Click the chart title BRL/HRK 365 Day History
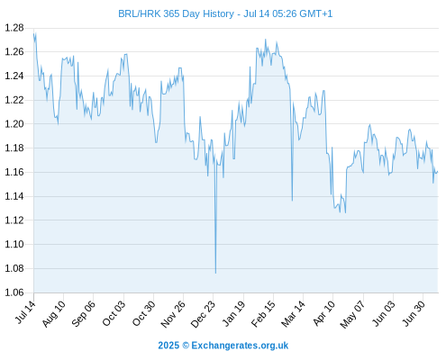point(176,13)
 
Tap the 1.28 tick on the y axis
point(14,28)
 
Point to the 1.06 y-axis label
point(14,292)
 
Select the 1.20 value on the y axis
point(14,124)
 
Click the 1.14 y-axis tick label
point(14,196)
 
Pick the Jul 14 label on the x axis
point(26,312)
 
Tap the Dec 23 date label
point(204,314)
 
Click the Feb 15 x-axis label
point(263,314)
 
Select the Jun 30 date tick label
point(414,313)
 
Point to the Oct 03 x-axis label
point(114,313)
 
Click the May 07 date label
point(353,314)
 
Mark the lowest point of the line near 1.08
point(215,274)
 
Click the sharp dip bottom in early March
point(292,201)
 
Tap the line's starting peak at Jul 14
point(34,33)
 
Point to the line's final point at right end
point(438,172)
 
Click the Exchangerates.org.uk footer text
point(240,346)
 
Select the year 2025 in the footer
point(168,346)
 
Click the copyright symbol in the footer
point(186,346)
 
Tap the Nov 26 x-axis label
point(173,314)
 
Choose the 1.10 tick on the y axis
point(14,244)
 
